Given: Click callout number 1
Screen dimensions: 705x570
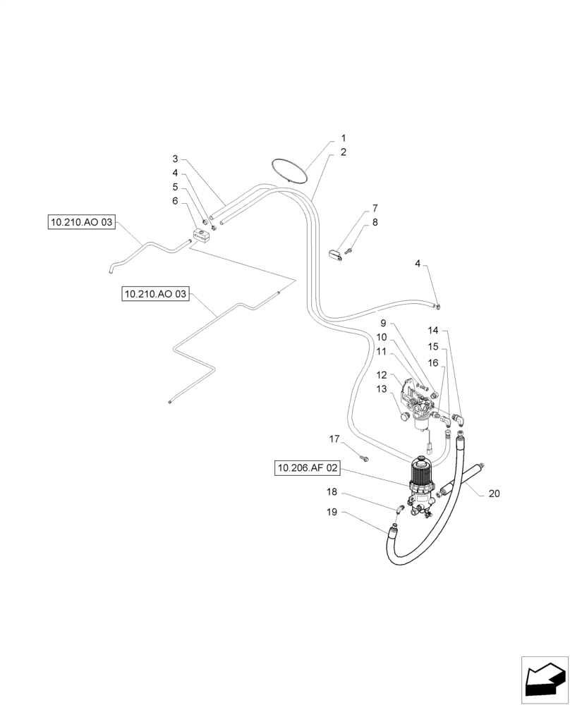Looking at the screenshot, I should click(344, 139).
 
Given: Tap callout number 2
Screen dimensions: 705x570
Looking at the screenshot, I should click(344, 152).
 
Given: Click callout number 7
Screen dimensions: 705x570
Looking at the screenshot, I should click(375, 209).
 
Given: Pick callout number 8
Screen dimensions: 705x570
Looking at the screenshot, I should click(375, 222).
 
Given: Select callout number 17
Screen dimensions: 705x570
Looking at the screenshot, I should click(334, 439).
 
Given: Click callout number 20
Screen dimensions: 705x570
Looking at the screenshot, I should click(494, 493).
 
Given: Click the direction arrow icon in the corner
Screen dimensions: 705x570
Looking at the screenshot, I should click(544, 680).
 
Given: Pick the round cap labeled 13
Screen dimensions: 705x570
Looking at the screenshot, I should click(405, 417).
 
